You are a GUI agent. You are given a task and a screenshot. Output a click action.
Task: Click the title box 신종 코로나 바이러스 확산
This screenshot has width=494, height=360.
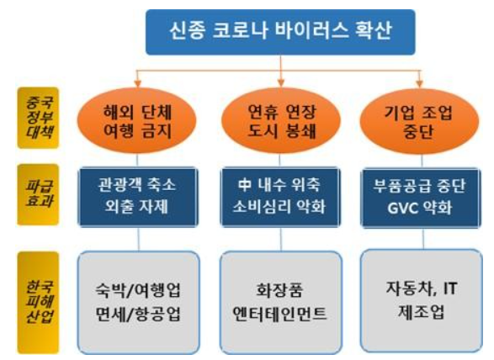pyautogui.click(x=280, y=32)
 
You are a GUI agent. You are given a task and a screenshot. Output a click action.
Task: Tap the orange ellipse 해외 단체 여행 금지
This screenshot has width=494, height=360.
pyautogui.click(x=136, y=121)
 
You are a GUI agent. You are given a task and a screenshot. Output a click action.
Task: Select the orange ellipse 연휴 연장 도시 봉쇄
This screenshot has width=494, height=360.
pyautogui.click(x=281, y=121)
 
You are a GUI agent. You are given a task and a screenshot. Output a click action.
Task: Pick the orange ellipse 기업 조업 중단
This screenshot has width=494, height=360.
pyautogui.click(x=419, y=122)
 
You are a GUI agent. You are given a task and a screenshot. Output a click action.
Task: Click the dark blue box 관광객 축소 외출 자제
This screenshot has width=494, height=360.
pyautogui.click(x=138, y=197)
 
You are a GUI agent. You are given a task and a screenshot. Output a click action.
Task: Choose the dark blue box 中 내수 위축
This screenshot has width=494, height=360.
pyautogui.click(x=280, y=197)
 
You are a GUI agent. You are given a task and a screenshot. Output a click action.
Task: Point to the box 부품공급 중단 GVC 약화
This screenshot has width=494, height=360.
pyautogui.click(x=421, y=199)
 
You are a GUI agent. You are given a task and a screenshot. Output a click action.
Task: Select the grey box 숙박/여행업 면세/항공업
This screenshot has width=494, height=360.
pyautogui.click(x=138, y=302)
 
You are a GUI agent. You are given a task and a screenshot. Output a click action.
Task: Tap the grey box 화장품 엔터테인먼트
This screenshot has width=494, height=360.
pyautogui.click(x=281, y=302)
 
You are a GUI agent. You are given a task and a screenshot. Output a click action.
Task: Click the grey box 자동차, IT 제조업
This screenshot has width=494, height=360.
pyautogui.click(x=422, y=301)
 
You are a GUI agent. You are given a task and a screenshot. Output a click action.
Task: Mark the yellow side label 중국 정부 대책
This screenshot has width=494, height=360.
pyautogui.click(x=38, y=118)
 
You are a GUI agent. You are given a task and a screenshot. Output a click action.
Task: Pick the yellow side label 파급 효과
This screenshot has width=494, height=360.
pyautogui.click(x=38, y=194)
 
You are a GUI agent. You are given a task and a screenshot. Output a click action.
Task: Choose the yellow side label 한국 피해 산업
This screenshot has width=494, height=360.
pyautogui.click(x=38, y=303)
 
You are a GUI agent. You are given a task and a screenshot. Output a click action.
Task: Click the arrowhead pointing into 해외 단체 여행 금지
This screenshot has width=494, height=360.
pyautogui.click(x=137, y=83)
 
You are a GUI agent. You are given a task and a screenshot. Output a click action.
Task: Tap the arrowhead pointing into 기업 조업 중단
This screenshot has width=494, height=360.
pyautogui.click(x=419, y=83)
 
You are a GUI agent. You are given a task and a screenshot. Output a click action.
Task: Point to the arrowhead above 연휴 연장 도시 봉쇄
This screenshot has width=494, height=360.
pyautogui.click(x=281, y=83)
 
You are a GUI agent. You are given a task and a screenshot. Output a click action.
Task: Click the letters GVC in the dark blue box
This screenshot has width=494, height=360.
pyautogui.click(x=402, y=209)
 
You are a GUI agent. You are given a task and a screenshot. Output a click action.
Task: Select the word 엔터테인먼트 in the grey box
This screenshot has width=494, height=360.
pyautogui.click(x=279, y=314)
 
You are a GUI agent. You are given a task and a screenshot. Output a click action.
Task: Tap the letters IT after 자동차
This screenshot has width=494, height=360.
pyautogui.click(x=450, y=289)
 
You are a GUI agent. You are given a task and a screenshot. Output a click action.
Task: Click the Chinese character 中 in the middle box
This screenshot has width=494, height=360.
pyautogui.click(x=245, y=184)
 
